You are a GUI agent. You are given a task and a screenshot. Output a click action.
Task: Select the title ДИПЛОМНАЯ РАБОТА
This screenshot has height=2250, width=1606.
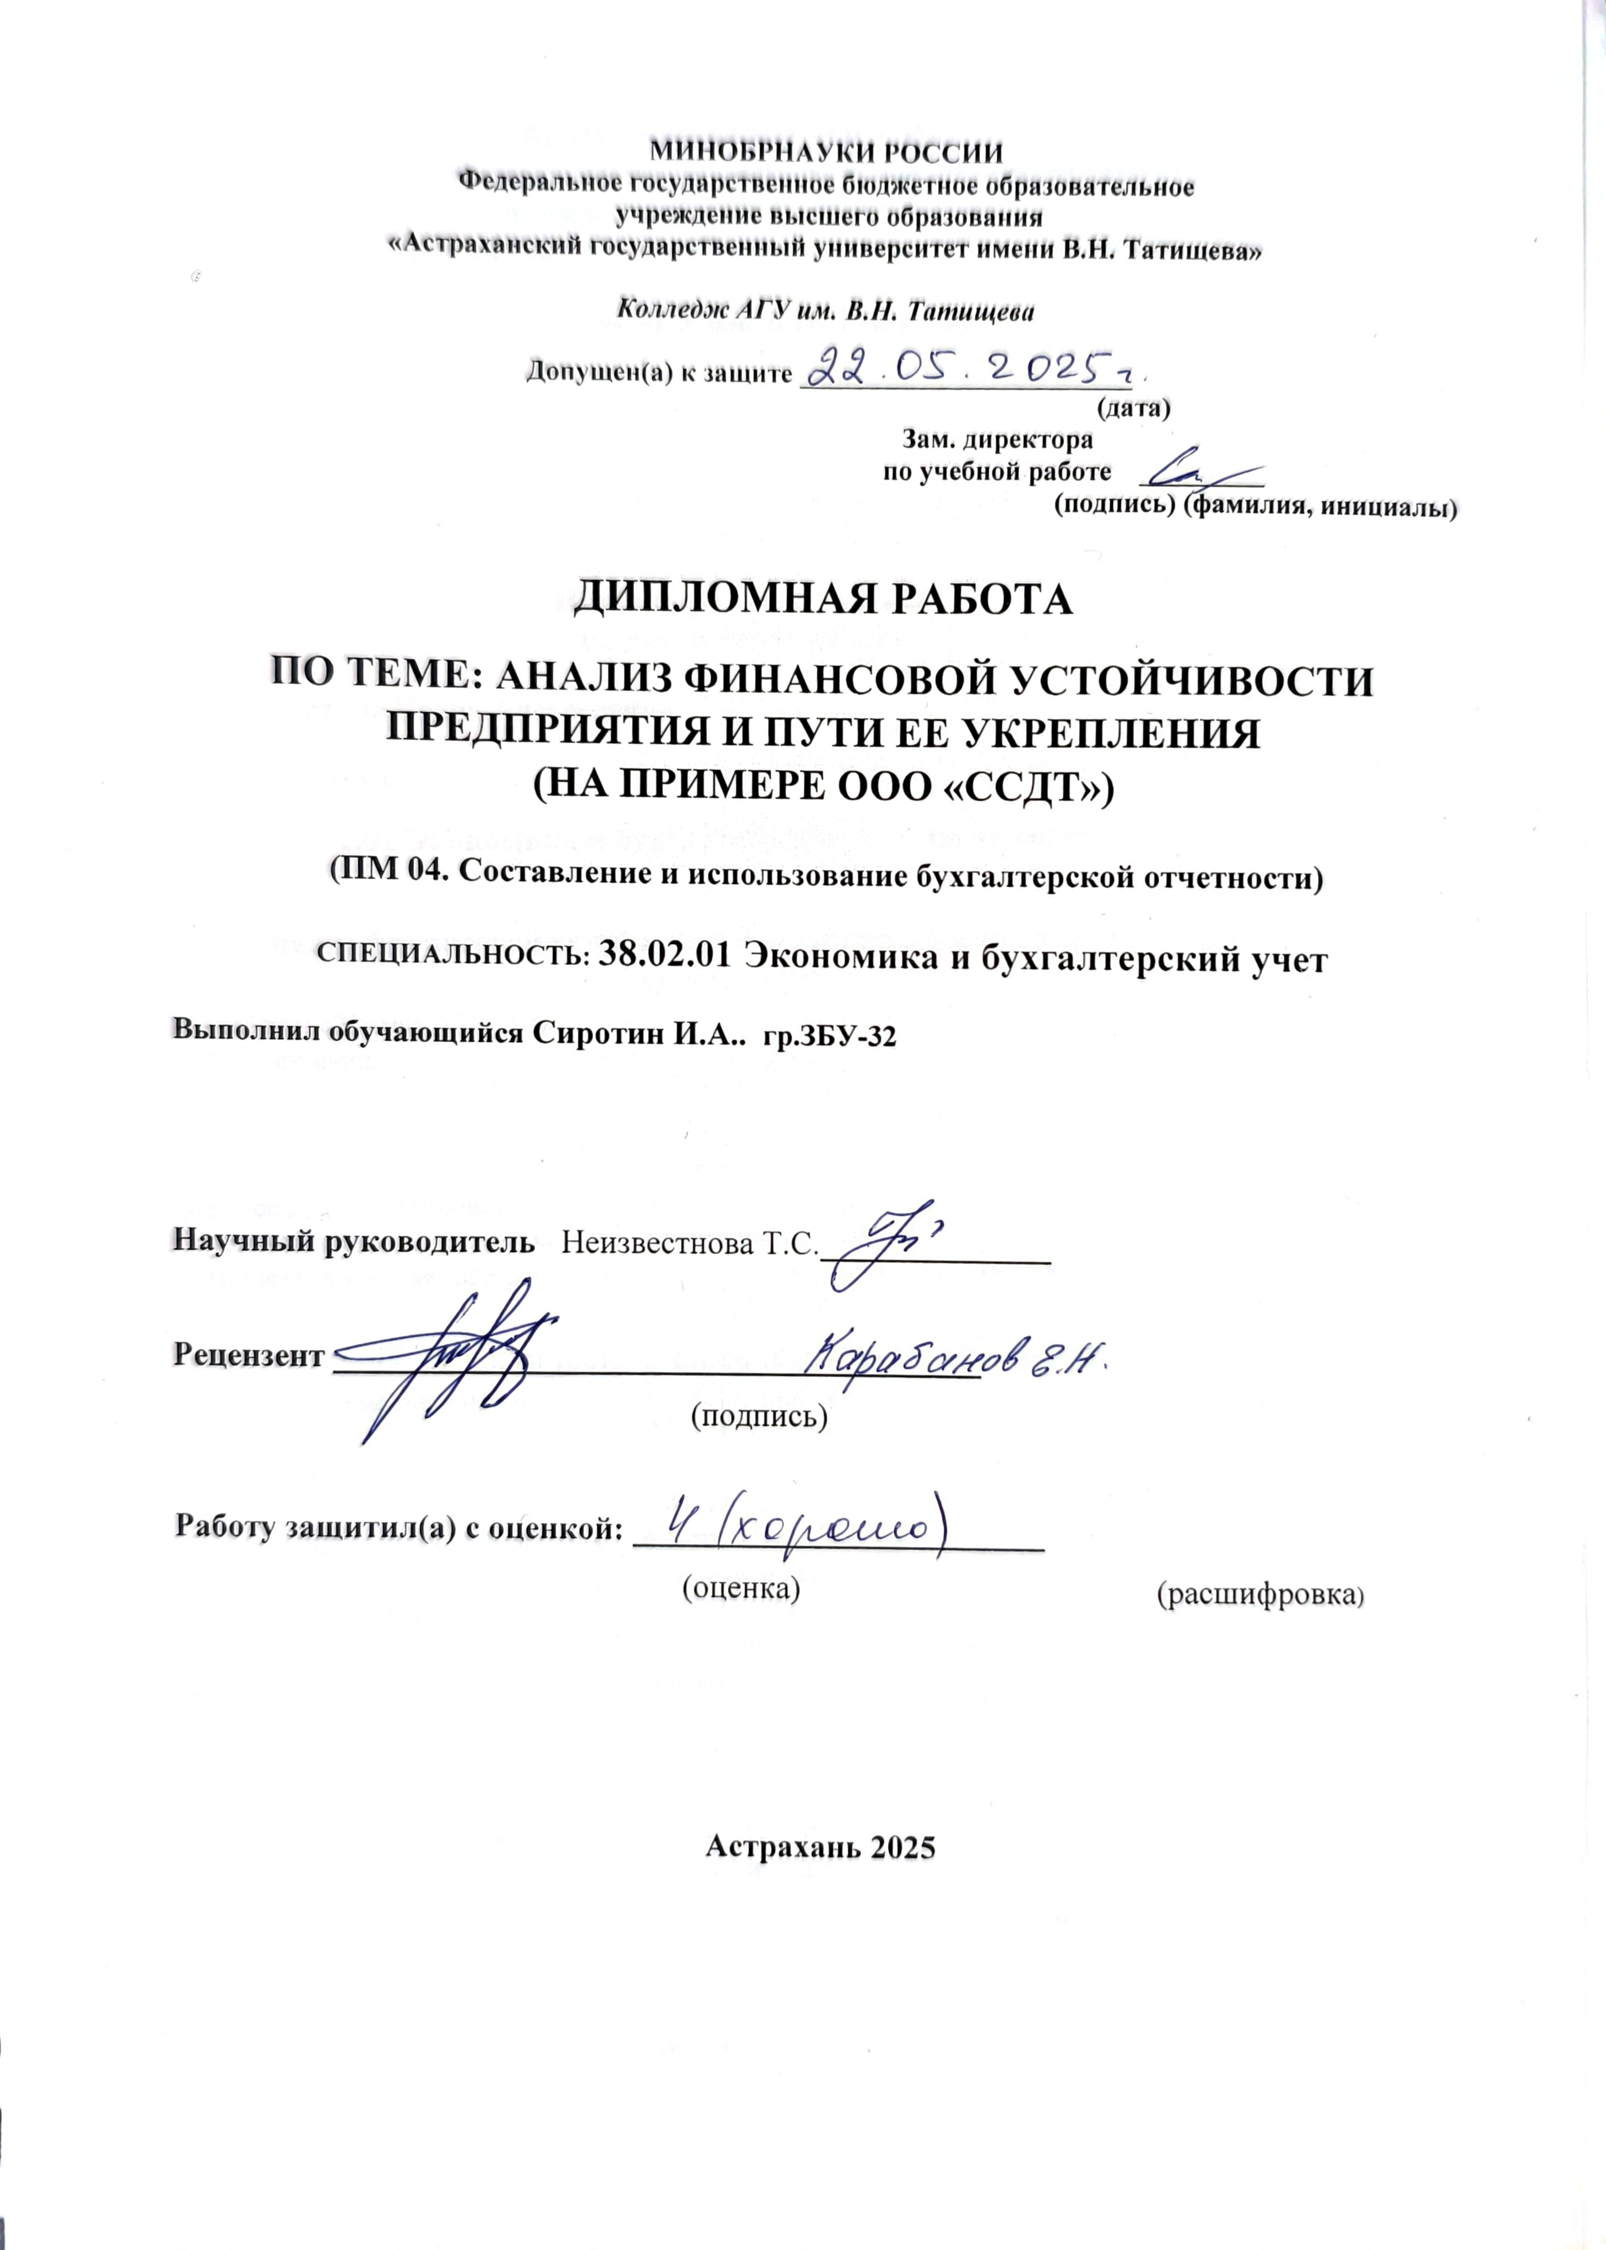pos(824,600)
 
